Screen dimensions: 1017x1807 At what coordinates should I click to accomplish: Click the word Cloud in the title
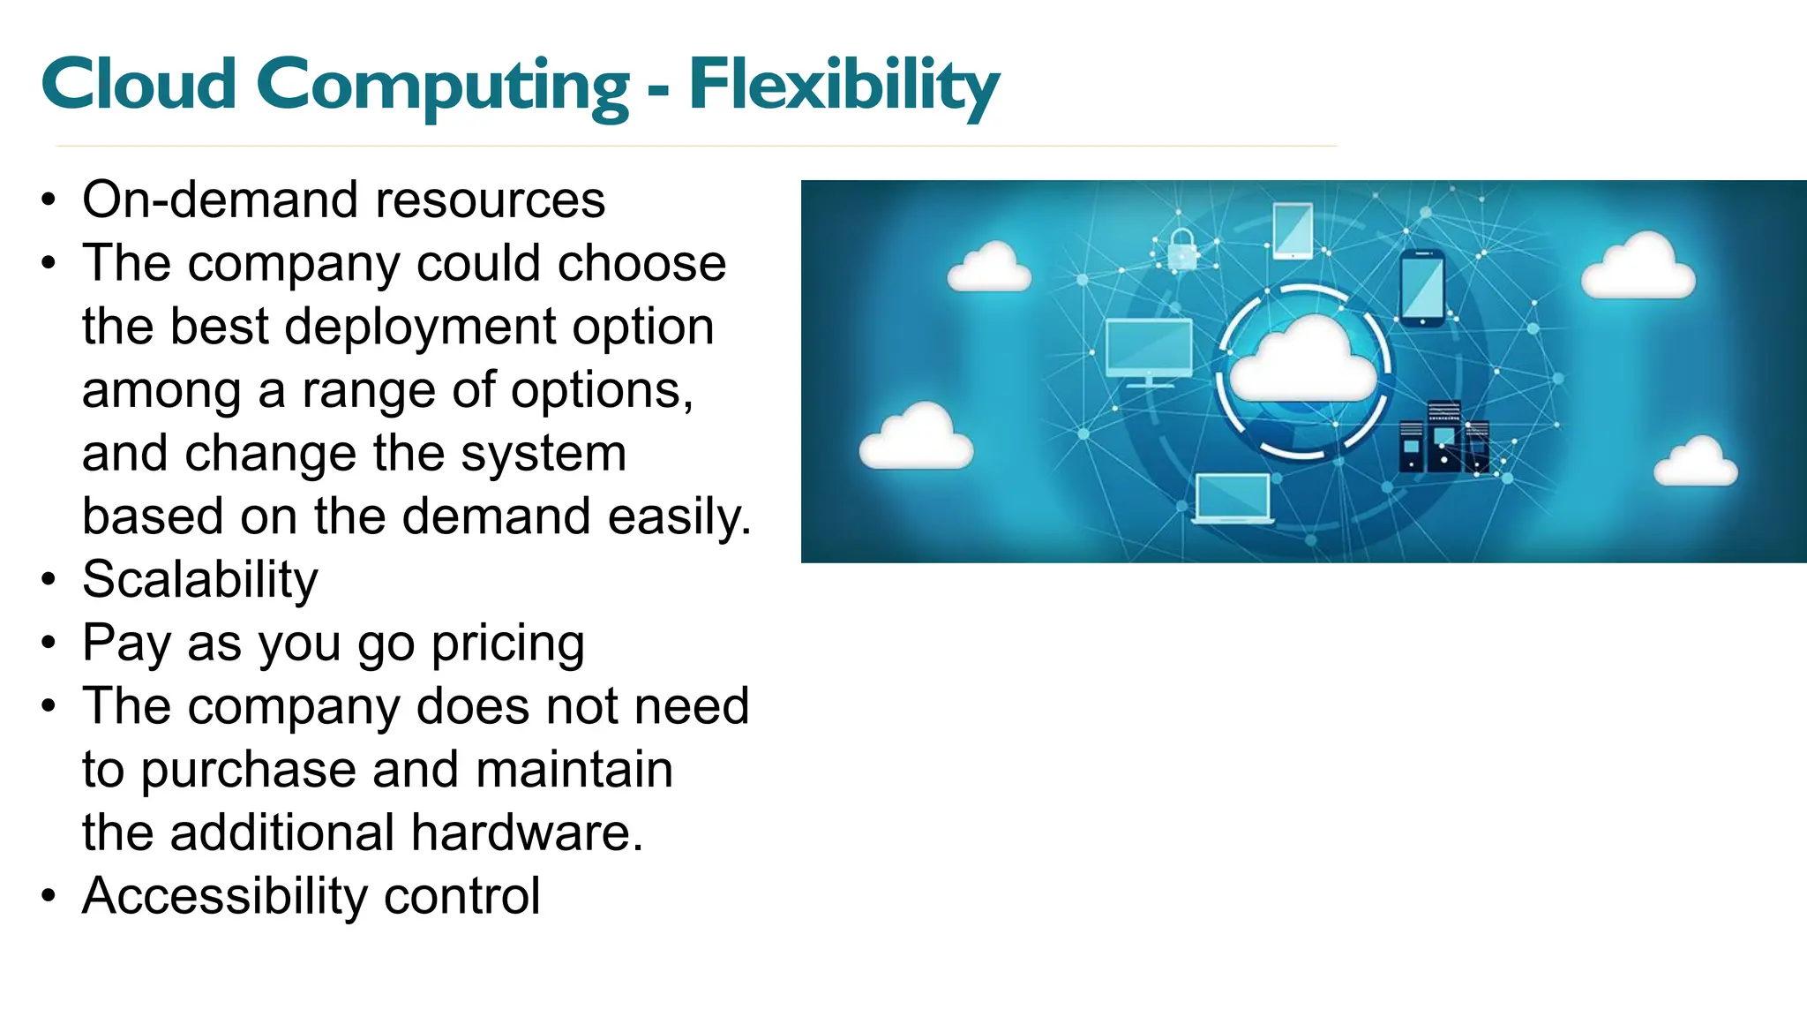(x=139, y=86)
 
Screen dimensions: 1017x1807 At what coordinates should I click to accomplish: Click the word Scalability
(x=199, y=580)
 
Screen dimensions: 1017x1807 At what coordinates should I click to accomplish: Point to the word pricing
(x=507, y=644)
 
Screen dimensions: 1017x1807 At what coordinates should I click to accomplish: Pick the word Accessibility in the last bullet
(x=225, y=896)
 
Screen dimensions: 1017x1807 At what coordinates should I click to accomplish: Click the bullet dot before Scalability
(x=49, y=581)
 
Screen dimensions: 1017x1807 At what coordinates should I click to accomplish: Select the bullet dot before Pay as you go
(x=49, y=644)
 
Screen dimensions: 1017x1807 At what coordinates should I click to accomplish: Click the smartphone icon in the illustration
(x=1422, y=288)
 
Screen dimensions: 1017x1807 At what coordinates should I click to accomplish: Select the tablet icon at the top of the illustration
(x=1293, y=230)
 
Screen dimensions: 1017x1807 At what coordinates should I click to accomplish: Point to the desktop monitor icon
(x=1149, y=350)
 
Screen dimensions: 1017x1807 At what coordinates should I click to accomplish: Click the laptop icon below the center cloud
(x=1233, y=500)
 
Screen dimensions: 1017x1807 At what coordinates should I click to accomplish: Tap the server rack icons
(x=1443, y=438)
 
